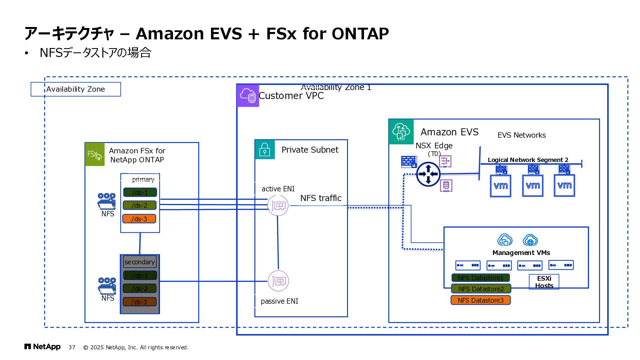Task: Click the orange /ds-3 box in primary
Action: [139, 219]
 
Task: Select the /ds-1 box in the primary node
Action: [140, 192]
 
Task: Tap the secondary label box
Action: [140, 262]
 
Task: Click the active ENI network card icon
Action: [278, 206]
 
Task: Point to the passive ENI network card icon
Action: [278, 281]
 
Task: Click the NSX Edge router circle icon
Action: [428, 174]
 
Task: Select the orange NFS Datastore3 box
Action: [480, 300]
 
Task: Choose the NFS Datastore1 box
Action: [480, 278]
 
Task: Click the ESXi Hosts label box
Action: [544, 282]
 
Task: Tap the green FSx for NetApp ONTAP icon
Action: [95, 154]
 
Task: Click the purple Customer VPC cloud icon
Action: [248, 96]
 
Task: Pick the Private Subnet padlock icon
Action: [265, 149]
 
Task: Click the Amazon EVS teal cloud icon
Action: [401, 132]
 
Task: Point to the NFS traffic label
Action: [321, 198]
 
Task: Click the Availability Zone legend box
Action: [76, 89]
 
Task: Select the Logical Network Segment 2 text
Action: [528, 160]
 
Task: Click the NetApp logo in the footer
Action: [42, 347]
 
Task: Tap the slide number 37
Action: [72, 347]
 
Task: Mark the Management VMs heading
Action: [521, 253]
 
